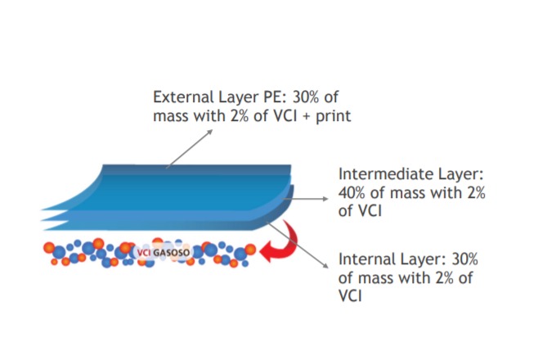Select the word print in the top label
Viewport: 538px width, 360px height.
click(x=333, y=117)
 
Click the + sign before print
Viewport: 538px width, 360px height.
click(x=306, y=117)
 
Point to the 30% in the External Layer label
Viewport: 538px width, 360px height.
click(x=306, y=97)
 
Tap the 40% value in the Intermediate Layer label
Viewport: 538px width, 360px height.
click(x=352, y=193)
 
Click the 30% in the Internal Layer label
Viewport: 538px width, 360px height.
click(x=464, y=259)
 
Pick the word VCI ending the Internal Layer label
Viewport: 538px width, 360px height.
click(x=350, y=296)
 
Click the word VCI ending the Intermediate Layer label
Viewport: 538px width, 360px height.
click(x=370, y=211)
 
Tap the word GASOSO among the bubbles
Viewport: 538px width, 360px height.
click(x=171, y=253)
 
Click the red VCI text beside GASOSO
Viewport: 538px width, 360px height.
click(x=144, y=253)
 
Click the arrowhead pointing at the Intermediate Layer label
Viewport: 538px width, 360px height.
click(x=325, y=199)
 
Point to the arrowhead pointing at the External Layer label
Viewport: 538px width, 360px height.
click(x=209, y=132)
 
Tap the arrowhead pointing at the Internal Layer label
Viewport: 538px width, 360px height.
click(x=325, y=265)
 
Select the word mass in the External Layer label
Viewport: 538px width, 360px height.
click(x=171, y=117)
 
